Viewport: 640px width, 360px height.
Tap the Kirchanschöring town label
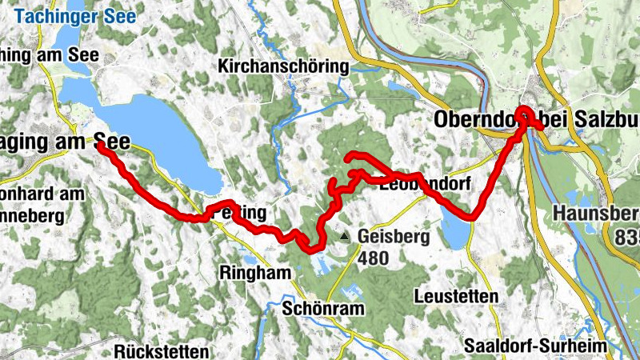[x=283, y=67]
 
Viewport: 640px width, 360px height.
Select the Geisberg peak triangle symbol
[x=344, y=237]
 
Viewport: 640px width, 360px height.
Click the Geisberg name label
[x=394, y=237]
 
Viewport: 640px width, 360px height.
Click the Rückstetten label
[x=162, y=351]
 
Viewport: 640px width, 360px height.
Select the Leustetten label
[x=456, y=296]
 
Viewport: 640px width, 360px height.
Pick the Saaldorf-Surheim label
[x=535, y=346]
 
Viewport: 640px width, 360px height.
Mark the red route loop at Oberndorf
[x=525, y=115]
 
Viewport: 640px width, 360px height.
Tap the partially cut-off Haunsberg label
[x=595, y=214]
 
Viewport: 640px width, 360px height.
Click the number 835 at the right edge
[x=627, y=238]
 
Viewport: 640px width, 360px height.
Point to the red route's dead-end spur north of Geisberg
[x=349, y=157]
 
